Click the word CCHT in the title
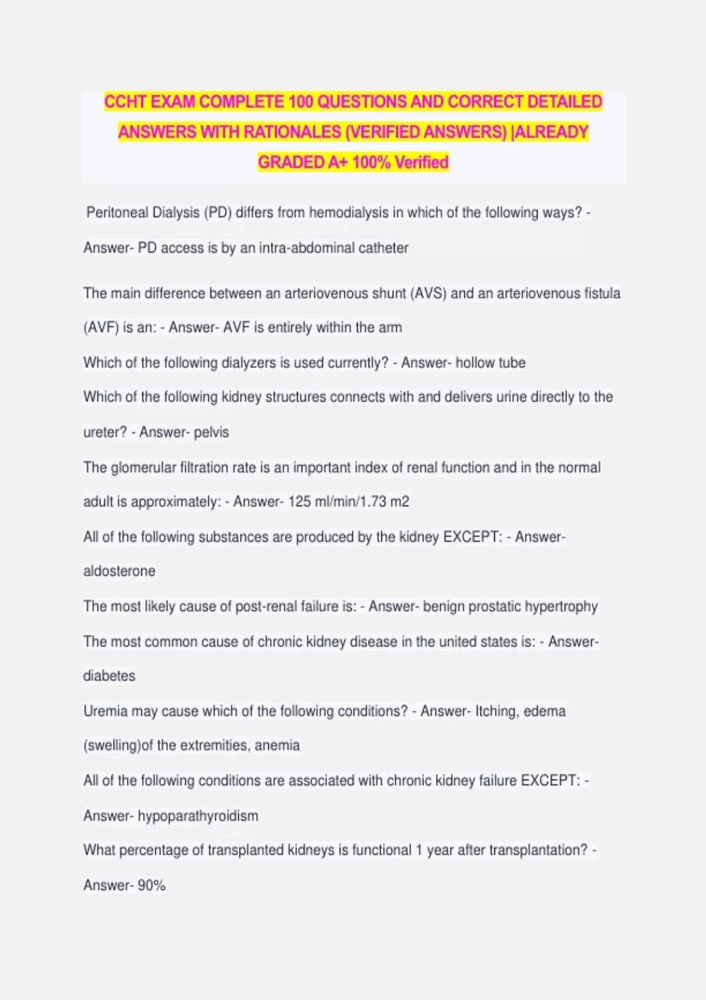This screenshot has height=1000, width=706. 125,102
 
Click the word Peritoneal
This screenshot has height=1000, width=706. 117,212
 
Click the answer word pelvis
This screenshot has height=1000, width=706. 211,432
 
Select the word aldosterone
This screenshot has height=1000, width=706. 119,571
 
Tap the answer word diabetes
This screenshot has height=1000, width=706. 109,675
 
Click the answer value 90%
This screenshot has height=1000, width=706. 152,885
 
